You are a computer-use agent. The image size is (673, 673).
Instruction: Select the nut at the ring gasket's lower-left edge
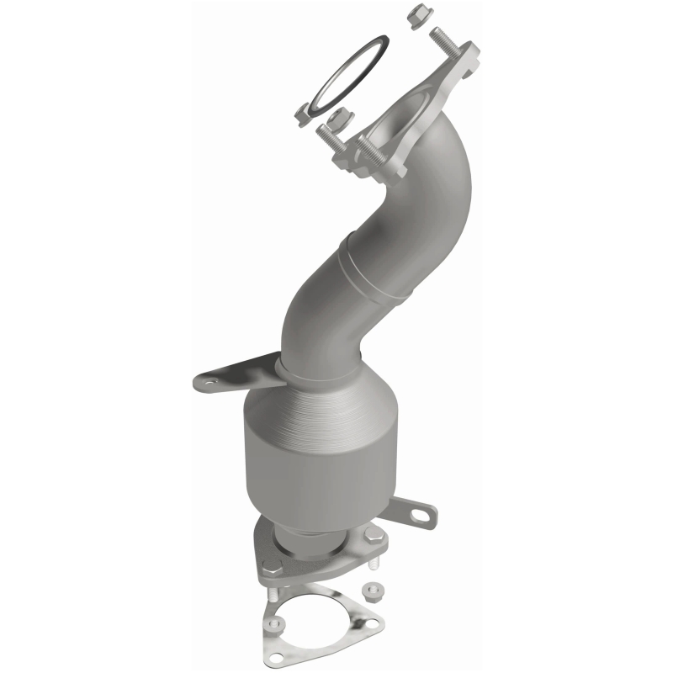[x=305, y=113]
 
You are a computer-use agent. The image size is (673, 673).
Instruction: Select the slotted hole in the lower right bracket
[x=421, y=511]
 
